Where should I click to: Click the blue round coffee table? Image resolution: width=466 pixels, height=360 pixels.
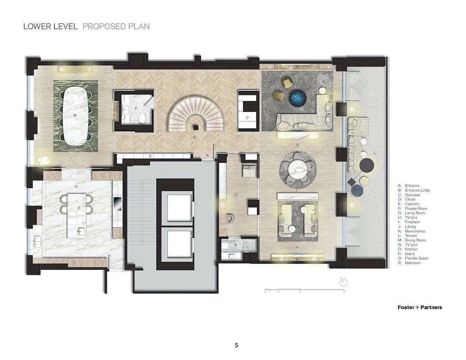pos(297,97)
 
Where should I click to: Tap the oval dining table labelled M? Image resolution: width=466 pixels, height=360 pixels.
pos(75,115)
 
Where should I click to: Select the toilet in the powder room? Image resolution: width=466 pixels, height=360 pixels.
pos(143,118)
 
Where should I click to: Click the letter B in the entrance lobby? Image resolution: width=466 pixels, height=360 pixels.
pos(194,137)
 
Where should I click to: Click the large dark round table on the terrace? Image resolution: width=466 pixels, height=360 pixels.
pos(367,165)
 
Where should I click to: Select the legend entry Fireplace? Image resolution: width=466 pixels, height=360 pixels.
pos(409,222)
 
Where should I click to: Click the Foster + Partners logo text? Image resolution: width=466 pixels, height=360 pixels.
pos(420,307)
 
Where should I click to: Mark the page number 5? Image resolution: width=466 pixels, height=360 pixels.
pos(237,346)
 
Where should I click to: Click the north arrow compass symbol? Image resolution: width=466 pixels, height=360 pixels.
pos(344,282)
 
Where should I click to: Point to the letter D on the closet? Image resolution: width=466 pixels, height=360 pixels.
pos(247,117)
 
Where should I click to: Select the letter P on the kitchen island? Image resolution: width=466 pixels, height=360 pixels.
pos(79,208)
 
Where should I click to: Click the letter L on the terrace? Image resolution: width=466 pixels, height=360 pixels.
pos(375,153)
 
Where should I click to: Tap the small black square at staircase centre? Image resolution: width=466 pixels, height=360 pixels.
pos(195,128)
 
